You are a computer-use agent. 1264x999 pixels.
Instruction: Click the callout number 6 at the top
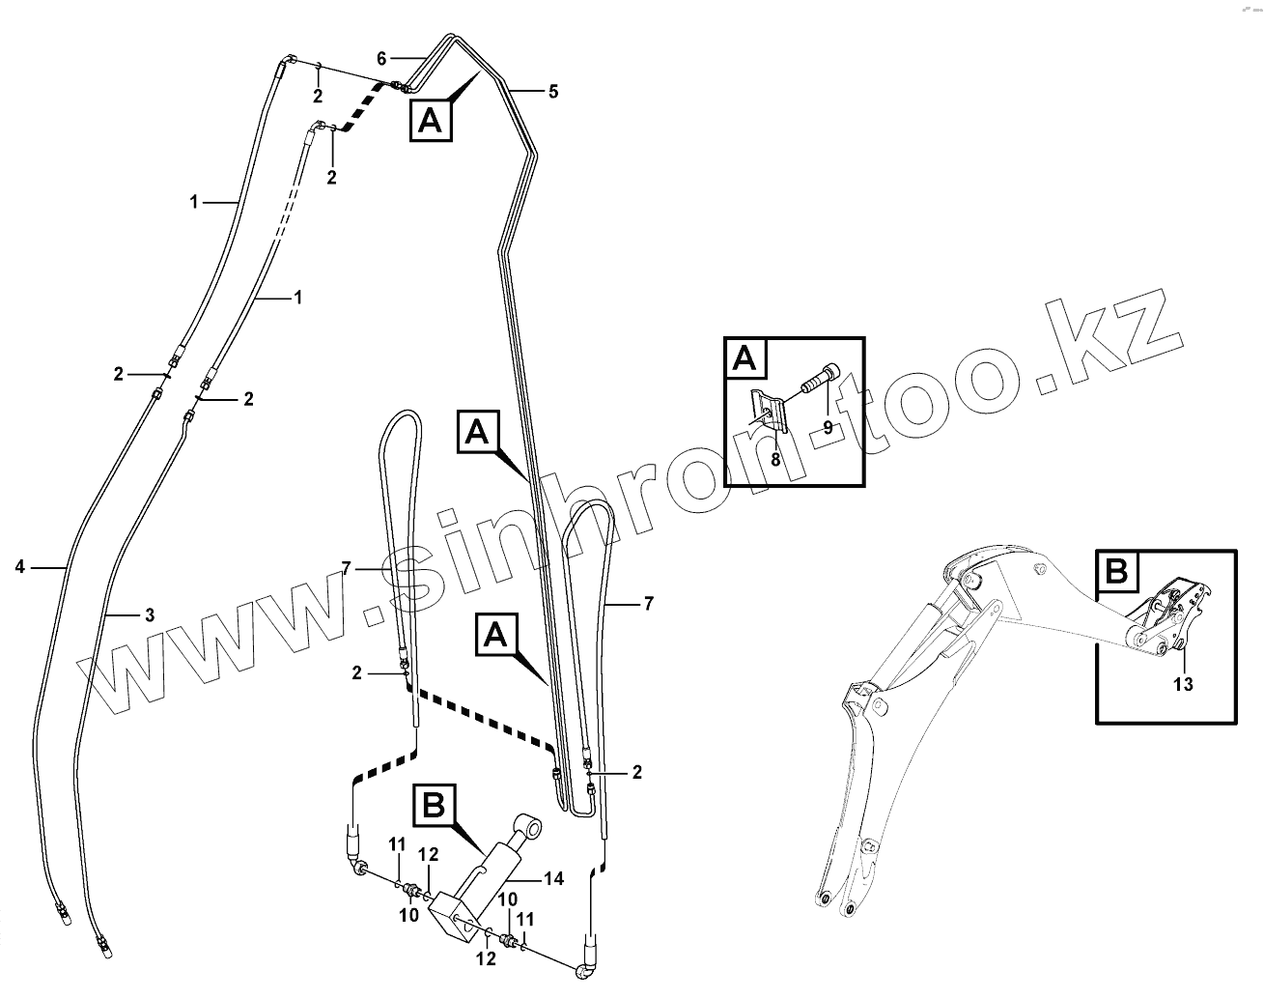[x=381, y=57]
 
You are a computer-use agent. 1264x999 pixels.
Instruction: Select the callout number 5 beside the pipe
[x=552, y=92]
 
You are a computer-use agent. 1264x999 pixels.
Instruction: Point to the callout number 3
[x=148, y=614]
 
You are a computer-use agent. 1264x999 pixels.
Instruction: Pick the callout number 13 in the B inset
[x=1183, y=684]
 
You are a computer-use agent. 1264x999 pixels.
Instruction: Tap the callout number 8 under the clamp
[x=774, y=460]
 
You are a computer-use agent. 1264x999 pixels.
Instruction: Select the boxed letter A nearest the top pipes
[x=432, y=121]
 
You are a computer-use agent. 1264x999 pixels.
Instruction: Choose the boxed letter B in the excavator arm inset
[x=1116, y=571]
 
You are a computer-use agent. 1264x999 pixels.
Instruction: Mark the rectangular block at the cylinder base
[x=453, y=916]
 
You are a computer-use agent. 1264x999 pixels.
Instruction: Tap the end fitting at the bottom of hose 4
[x=63, y=914]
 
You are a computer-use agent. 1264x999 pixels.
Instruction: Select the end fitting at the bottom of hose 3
[x=103, y=945]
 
